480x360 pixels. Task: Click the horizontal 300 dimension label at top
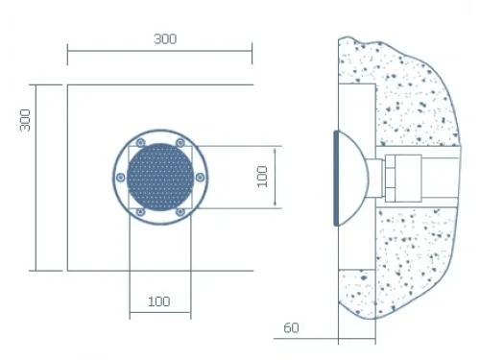pos(165,39)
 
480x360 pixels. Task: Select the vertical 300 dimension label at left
pos(25,120)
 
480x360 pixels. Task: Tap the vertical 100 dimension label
pos(262,177)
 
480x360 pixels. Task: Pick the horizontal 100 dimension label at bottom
pos(158,301)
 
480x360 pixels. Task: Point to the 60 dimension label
pos(291,327)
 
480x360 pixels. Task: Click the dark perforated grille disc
pos(160,177)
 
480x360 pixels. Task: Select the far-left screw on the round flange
pos(121,178)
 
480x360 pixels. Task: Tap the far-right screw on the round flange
pos(200,178)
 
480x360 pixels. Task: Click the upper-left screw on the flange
pos(140,143)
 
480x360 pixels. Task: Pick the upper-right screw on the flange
pos(180,143)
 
